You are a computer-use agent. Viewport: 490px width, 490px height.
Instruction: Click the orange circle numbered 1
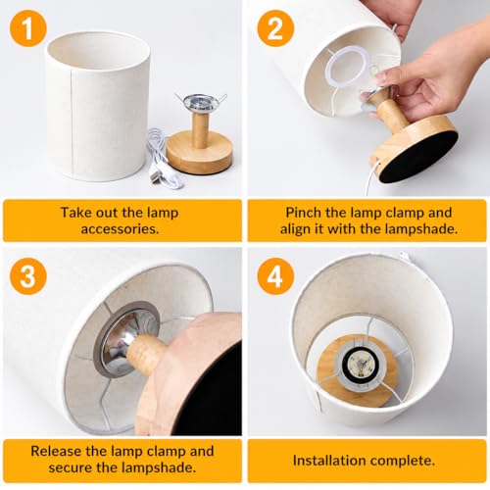click(28, 28)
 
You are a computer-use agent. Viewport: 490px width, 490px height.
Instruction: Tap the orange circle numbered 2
click(275, 28)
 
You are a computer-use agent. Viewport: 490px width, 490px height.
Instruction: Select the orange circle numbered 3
click(28, 276)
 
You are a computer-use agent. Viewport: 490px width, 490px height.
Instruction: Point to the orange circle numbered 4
click(275, 276)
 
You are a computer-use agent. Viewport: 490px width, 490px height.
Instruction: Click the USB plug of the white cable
click(157, 174)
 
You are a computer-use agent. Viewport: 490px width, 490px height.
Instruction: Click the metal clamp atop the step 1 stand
click(200, 103)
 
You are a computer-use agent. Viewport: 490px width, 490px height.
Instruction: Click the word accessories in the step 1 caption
click(120, 229)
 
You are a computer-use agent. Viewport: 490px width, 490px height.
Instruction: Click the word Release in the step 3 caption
click(56, 451)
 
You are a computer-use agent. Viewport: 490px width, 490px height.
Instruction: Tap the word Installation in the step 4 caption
click(329, 461)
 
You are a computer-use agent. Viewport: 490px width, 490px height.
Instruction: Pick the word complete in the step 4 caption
click(403, 462)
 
